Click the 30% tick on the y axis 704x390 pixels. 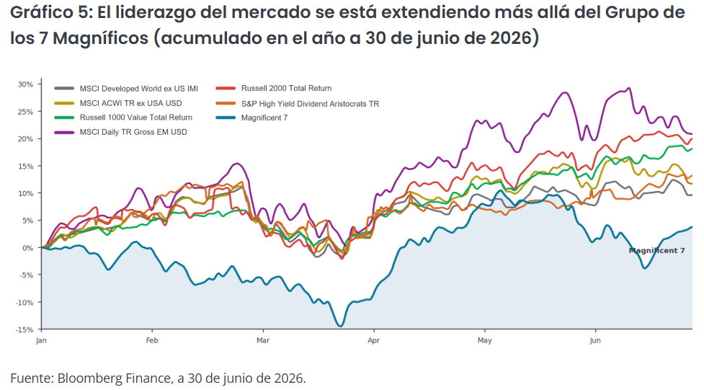click(25, 84)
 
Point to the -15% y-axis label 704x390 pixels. click(24, 329)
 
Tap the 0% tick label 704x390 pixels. click(27, 248)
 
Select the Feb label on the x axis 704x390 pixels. click(152, 340)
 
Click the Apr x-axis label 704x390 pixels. click(373, 340)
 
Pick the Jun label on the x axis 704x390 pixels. click(595, 340)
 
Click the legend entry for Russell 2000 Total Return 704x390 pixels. click(274, 89)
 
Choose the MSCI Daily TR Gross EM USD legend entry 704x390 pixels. click(121, 132)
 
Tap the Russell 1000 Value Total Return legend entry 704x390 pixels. click(123, 118)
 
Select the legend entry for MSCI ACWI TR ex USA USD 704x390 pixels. click(118, 103)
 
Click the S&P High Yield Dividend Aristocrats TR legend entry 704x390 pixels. click(298, 104)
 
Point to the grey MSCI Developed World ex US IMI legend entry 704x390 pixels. click(126, 89)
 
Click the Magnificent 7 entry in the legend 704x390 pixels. click(252, 118)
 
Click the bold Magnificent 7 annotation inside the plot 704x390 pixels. click(657, 251)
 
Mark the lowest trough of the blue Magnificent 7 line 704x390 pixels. click(340, 326)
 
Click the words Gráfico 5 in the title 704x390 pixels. click(50, 12)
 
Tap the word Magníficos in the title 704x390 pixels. click(101, 39)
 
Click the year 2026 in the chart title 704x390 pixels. click(511, 38)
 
